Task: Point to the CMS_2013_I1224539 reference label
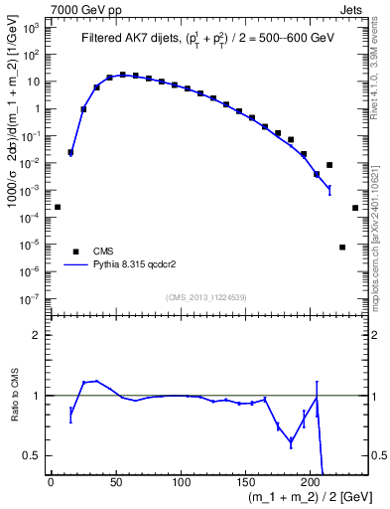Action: [205, 296]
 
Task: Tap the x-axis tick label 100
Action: [181, 483]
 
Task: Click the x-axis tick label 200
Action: [312, 483]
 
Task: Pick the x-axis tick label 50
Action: [116, 483]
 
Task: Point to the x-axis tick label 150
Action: [246, 483]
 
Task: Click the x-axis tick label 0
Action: [51, 483]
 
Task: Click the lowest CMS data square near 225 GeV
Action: [342, 247]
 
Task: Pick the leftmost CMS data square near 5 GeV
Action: [58, 207]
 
